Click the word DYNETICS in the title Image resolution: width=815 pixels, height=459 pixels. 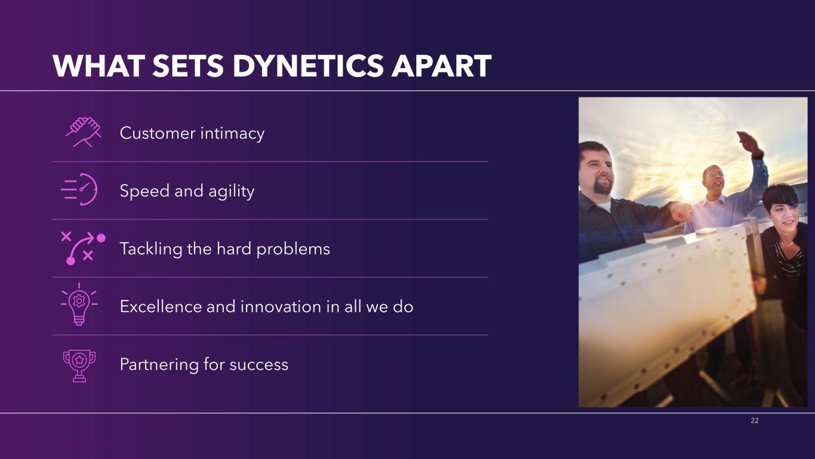(308, 66)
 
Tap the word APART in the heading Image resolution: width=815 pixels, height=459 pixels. (441, 66)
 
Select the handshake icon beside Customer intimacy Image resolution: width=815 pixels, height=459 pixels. (84, 132)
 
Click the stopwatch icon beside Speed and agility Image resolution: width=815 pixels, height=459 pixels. (79, 189)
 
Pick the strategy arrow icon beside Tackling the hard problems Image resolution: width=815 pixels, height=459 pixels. (84, 247)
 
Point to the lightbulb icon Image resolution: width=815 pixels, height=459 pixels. (79, 304)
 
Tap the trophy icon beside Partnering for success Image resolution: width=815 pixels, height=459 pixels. (79, 366)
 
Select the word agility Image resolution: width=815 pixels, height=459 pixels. (231, 192)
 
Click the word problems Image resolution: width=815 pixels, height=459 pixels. (293, 250)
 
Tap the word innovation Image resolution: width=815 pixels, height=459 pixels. (281, 307)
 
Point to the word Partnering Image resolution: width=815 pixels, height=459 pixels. (159, 365)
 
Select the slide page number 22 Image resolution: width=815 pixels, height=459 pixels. (755, 421)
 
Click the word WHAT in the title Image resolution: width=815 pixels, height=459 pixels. (99, 66)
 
